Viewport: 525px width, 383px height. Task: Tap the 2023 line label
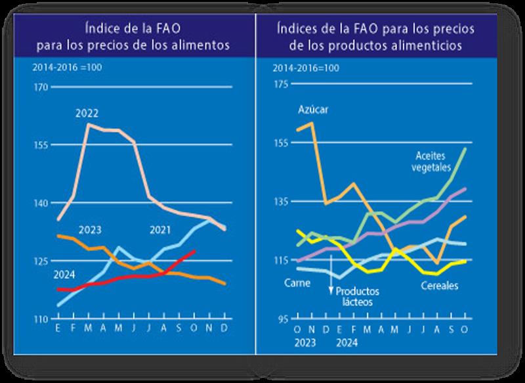89,230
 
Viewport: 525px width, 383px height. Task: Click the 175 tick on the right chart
281,83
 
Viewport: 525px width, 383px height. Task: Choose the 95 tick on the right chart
283,319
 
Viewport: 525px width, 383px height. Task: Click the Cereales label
439,286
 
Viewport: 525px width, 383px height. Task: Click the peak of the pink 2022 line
89,124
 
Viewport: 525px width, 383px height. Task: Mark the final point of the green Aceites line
465,148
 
